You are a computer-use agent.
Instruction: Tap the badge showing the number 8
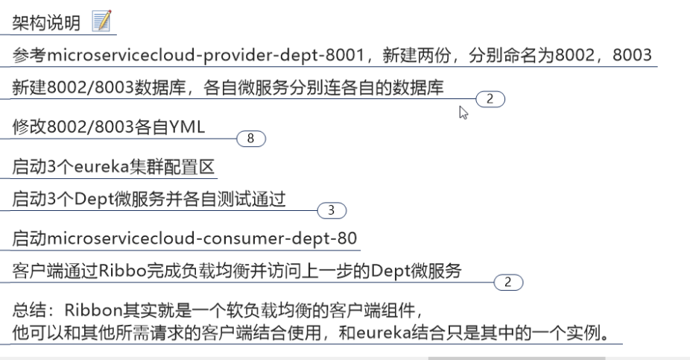pos(251,139)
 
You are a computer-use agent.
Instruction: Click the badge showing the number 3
pos(332,211)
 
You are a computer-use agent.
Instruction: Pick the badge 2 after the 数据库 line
pos(490,98)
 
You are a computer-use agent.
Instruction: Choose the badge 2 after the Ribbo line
pos(508,282)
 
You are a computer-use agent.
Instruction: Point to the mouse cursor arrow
pos(463,112)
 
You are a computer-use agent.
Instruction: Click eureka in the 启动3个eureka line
pos(100,165)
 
